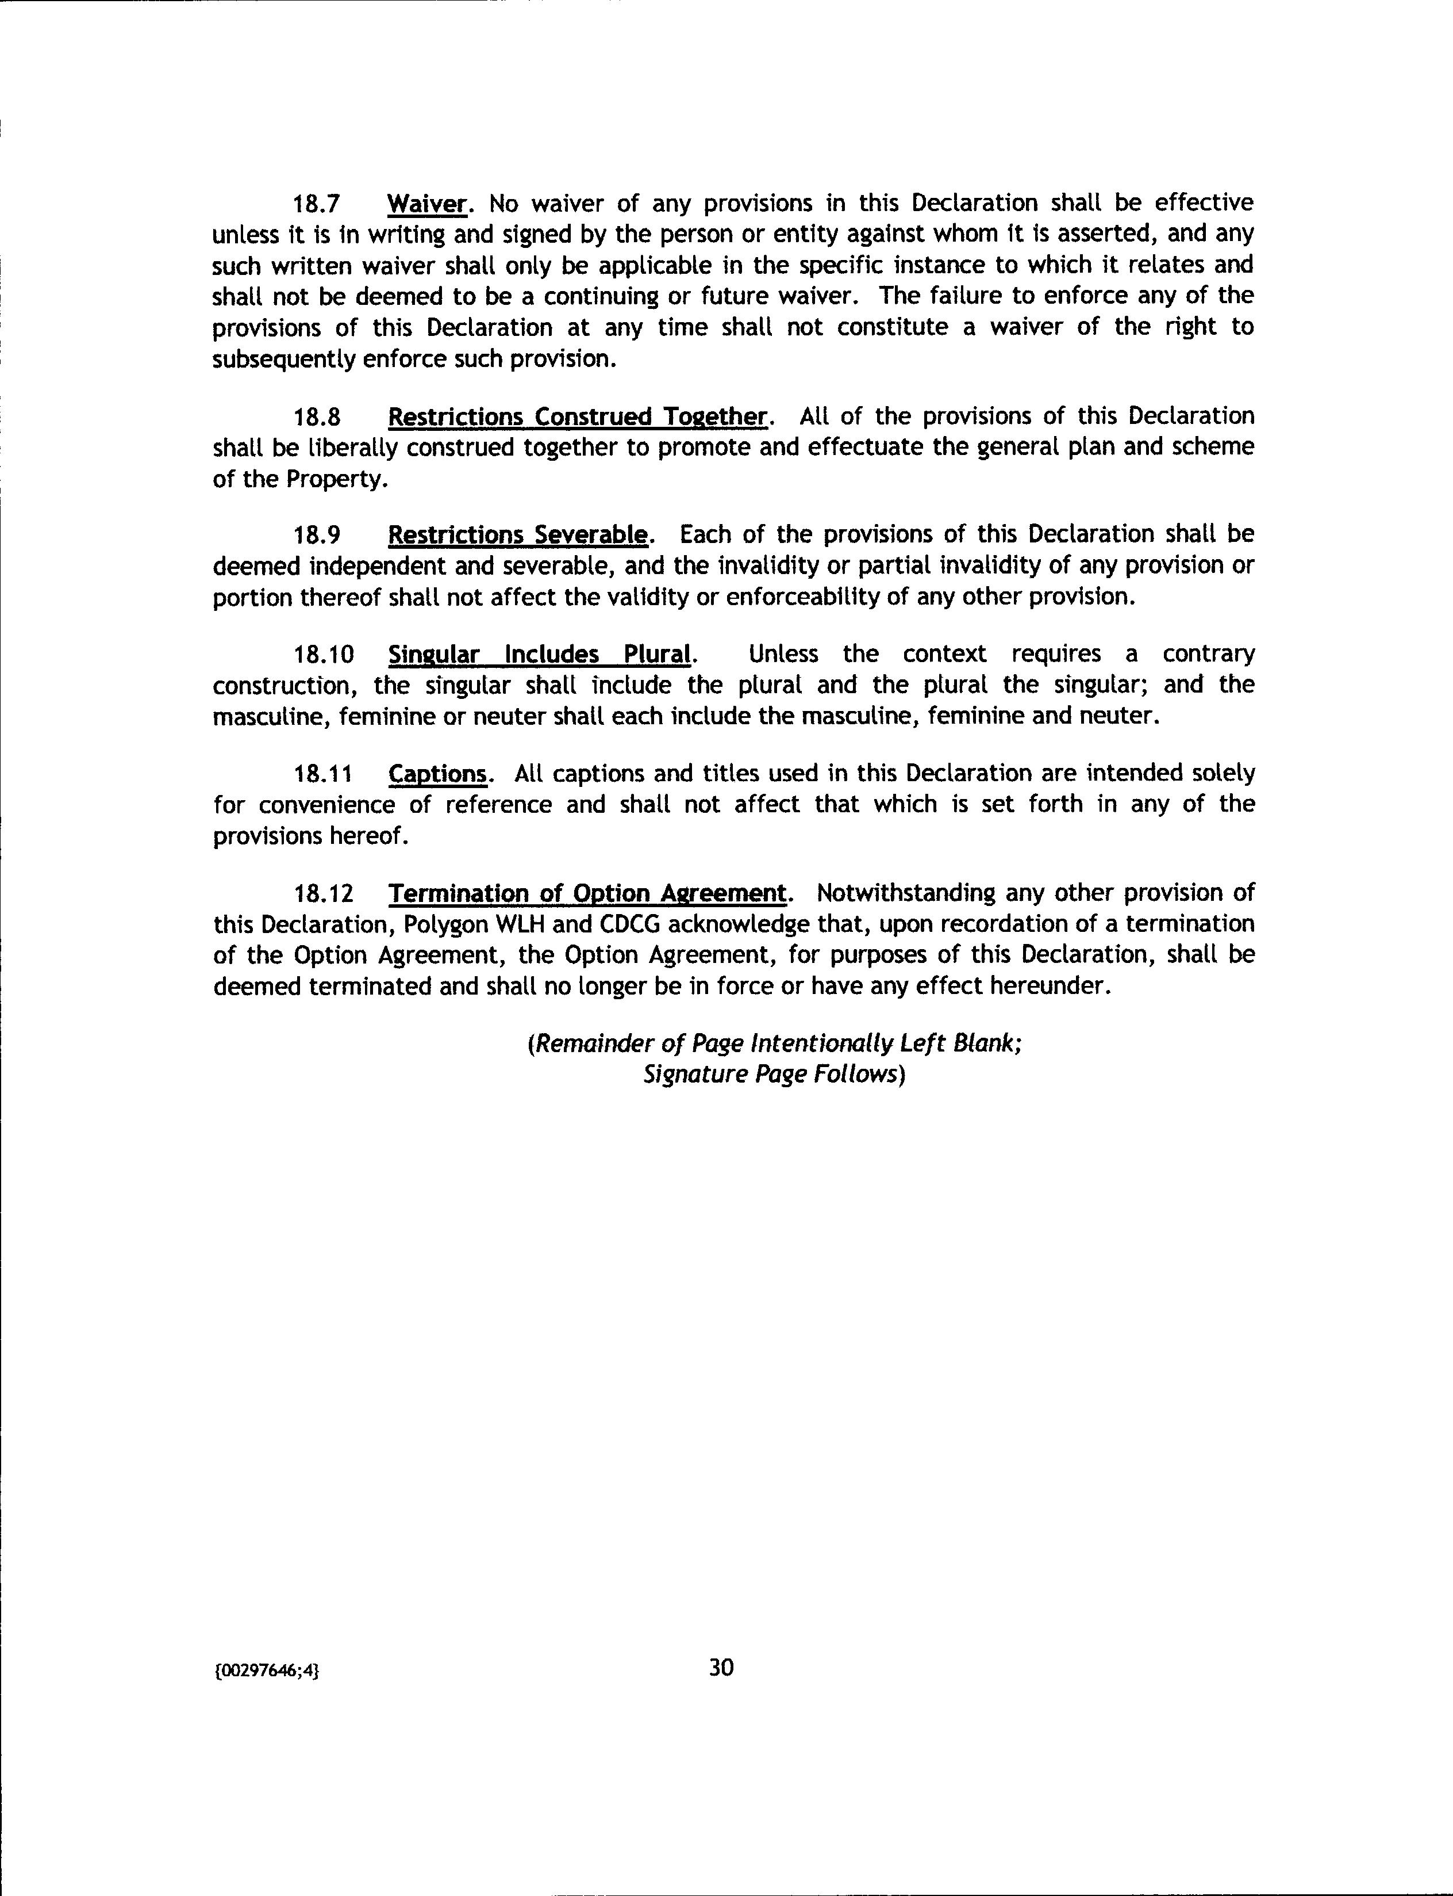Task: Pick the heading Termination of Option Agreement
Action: pyautogui.click(x=588, y=893)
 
